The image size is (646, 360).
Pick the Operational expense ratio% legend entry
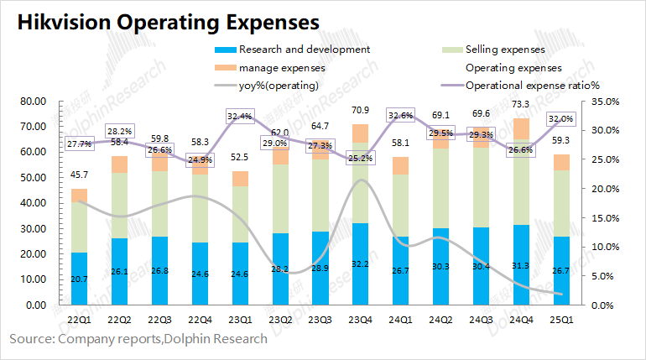pos(531,85)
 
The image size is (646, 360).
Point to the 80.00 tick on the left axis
pos(33,102)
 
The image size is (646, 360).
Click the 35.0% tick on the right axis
pos(604,102)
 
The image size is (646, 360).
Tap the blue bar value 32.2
pos(359,263)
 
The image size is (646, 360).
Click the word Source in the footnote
pos(30,339)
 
